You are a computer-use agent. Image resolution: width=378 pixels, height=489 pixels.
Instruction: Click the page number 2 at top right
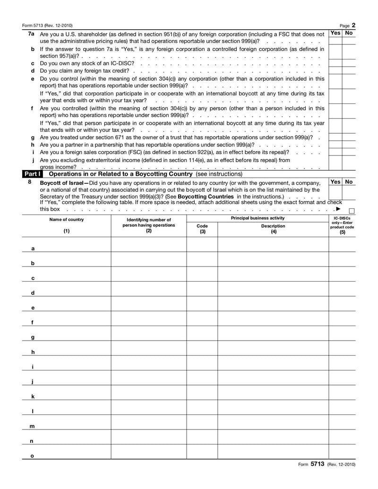coord(353,25)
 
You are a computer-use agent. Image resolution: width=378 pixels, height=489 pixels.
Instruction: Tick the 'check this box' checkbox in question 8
coord(352,211)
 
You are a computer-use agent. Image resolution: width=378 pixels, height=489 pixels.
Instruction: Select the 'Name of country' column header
coord(66,220)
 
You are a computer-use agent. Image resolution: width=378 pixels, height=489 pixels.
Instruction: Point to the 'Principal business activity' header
coord(258,218)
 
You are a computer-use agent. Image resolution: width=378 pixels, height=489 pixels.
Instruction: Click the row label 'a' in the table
coord(33,249)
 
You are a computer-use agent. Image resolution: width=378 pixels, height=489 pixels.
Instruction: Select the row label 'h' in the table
coord(33,352)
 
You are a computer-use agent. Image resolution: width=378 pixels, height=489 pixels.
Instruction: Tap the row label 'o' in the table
coord(33,456)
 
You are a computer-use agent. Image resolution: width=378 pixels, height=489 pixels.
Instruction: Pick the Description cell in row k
coord(273,393)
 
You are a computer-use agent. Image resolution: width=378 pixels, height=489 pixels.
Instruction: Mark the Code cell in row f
coord(202,319)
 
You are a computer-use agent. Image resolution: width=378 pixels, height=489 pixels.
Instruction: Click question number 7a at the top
coord(31,34)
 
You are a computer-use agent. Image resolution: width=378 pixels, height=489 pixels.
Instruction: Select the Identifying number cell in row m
coord(148,423)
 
